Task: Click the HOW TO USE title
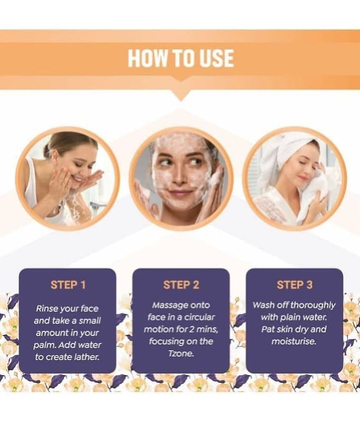181,58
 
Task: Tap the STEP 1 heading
68,285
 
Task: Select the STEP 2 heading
181,285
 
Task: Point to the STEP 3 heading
295,285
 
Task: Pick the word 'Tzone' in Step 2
181,353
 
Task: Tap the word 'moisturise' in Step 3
294,341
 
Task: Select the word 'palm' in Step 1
42,346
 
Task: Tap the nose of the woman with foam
179,178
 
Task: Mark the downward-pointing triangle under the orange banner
180,95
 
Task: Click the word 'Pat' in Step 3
268,329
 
